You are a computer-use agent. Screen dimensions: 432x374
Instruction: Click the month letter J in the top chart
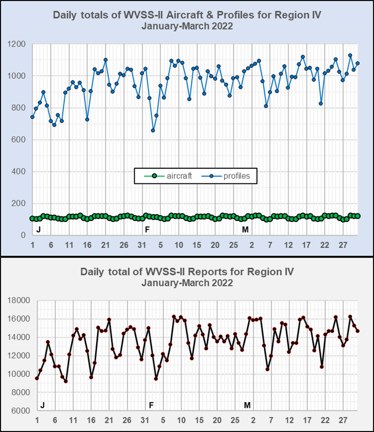click(x=38, y=229)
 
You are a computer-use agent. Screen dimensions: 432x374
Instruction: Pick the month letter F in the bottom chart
click(x=151, y=405)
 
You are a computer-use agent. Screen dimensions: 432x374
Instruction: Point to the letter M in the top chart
click(x=245, y=229)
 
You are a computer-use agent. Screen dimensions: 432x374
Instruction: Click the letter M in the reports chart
click(x=248, y=405)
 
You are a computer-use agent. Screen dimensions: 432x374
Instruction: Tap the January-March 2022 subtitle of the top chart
click(x=187, y=26)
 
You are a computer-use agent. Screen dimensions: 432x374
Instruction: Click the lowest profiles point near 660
click(x=153, y=130)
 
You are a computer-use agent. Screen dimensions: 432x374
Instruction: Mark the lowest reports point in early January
click(x=66, y=381)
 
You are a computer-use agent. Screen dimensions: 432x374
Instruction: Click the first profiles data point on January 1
click(x=32, y=116)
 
